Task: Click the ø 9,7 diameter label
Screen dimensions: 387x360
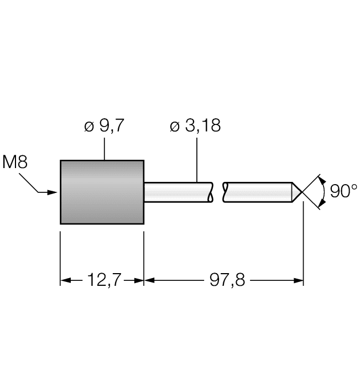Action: [x=104, y=126]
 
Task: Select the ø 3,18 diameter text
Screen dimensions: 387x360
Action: [x=195, y=126]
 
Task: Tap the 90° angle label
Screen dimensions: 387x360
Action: [x=343, y=191]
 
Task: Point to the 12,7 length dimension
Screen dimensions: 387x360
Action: [x=102, y=281]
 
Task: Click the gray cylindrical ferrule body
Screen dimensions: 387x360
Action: [x=102, y=192]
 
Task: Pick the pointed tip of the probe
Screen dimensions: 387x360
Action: [x=302, y=192]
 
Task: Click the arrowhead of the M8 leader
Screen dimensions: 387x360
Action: [x=54, y=192]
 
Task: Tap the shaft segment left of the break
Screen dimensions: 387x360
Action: [x=177, y=192]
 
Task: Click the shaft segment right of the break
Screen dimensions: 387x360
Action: [x=257, y=192]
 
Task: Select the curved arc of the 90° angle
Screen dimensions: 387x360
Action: [x=324, y=192]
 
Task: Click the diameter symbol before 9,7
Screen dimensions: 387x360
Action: [x=88, y=127]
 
